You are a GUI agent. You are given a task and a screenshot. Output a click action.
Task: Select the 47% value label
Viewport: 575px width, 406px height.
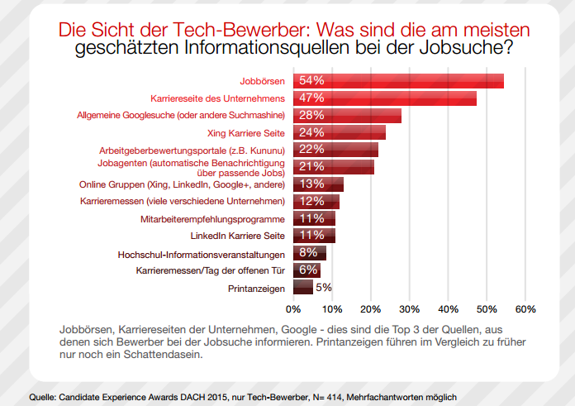point(311,98)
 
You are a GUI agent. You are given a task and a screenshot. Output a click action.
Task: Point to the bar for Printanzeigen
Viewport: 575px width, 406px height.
point(302,288)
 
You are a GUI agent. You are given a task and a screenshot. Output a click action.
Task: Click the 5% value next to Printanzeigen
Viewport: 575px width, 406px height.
point(324,288)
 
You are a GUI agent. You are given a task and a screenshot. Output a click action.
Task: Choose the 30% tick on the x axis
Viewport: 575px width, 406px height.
point(409,309)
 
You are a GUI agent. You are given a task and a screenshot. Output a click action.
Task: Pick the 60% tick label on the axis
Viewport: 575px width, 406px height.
point(525,309)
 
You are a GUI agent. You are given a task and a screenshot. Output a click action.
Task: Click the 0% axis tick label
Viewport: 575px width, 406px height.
point(292,309)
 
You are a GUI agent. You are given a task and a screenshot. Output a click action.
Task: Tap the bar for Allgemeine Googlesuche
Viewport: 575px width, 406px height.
point(347,116)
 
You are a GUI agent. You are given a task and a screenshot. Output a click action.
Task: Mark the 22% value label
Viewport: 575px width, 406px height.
point(311,150)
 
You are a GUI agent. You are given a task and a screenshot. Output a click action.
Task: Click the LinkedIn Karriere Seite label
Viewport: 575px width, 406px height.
point(232,236)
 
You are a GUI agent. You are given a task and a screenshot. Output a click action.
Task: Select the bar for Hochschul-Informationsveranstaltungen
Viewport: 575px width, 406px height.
point(309,253)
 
